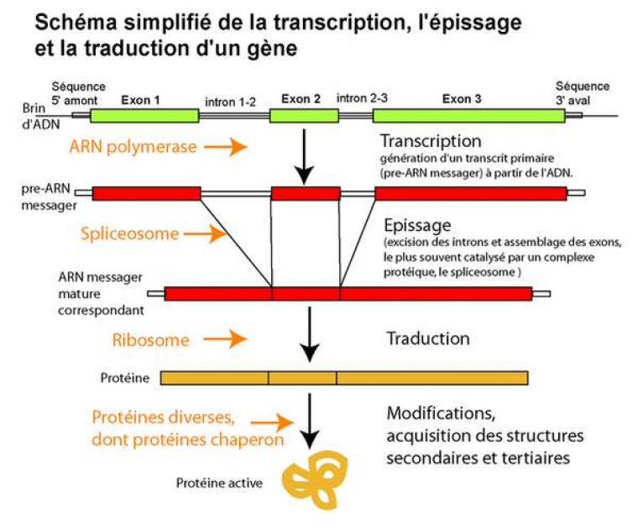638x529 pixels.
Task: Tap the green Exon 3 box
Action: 468,116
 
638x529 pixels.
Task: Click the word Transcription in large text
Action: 431,141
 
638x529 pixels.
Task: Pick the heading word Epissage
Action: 417,226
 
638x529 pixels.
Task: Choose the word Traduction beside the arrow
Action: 427,339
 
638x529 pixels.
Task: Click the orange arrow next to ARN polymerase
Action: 226,147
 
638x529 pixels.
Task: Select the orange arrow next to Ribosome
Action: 226,339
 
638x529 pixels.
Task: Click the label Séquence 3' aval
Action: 583,92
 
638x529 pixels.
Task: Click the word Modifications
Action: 437,414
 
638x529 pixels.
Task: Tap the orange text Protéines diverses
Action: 163,416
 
